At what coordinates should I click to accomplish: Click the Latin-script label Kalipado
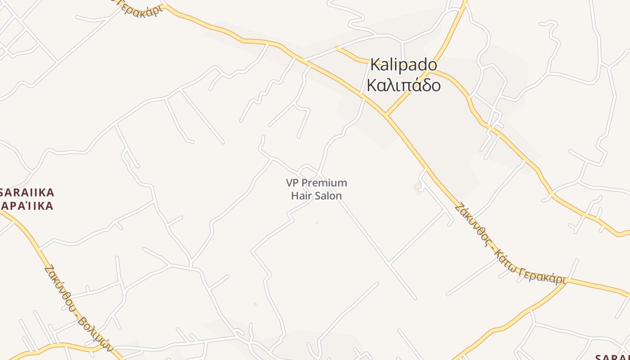click(x=403, y=65)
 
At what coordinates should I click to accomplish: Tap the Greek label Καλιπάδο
click(x=403, y=85)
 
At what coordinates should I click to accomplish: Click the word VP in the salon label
click(x=292, y=183)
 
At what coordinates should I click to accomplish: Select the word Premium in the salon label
click(x=324, y=183)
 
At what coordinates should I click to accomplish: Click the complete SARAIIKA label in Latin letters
click(x=27, y=193)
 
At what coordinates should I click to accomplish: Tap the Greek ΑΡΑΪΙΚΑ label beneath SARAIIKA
click(x=27, y=206)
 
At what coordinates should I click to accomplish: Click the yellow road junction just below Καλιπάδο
click(x=386, y=115)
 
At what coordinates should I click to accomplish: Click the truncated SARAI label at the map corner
click(x=612, y=357)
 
